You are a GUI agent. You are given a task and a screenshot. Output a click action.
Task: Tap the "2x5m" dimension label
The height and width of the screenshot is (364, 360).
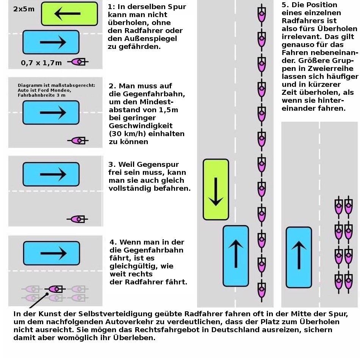[24, 8]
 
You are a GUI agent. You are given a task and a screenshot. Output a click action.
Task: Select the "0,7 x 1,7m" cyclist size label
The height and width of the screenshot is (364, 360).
[41, 63]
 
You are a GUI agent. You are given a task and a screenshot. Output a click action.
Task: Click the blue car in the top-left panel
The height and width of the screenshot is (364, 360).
[51, 42]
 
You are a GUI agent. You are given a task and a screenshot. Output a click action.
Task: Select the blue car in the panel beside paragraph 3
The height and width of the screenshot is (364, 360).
[51, 174]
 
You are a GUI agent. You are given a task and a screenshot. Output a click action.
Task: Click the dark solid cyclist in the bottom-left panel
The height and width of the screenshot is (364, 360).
[55, 289]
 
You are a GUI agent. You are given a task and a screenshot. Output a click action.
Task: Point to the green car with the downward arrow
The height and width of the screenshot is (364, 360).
[216, 190]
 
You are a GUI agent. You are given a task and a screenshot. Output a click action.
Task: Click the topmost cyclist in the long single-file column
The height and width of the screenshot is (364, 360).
[261, 14]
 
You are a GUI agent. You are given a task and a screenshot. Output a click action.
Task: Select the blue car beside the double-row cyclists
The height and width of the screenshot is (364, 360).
[299, 257]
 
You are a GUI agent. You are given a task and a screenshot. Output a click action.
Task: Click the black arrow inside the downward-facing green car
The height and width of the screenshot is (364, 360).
[216, 191]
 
